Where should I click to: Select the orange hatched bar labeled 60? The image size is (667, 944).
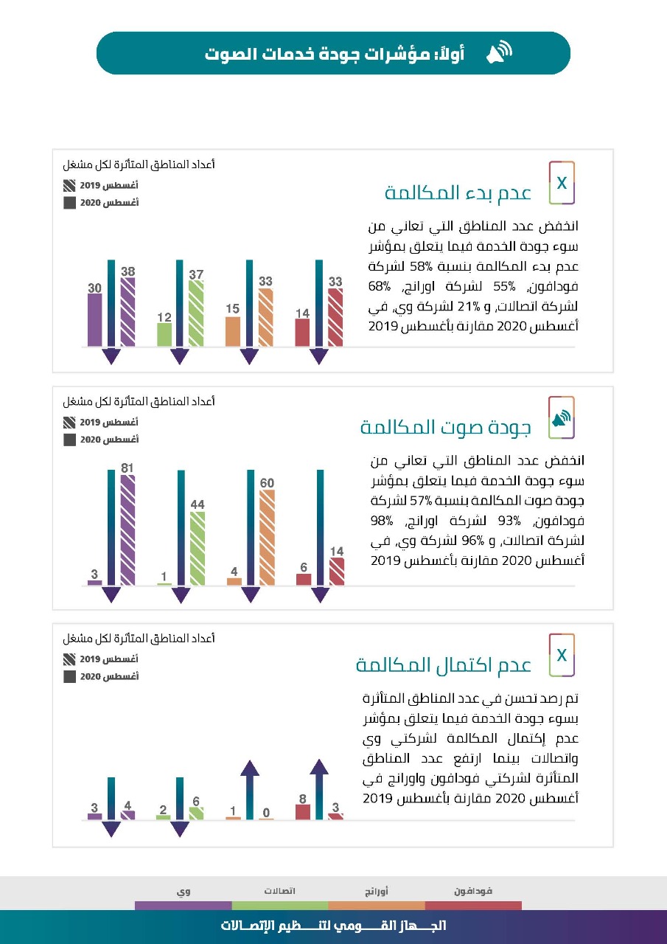click(267, 537)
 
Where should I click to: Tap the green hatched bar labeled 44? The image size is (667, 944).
click(198, 548)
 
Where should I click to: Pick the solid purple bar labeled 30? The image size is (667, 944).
click(95, 320)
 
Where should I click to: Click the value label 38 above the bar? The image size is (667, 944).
click(128, 271)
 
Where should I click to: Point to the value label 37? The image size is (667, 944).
click(196, 274)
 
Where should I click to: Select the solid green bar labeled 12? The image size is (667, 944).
click(164, 335)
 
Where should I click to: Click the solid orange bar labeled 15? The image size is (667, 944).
click(233, 331)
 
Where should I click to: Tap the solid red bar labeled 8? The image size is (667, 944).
click(302, 811)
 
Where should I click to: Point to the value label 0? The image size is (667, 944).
click(266, 813)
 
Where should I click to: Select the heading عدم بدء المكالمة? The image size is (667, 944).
click(458, 193)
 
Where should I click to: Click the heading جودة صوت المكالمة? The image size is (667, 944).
click(445, 427)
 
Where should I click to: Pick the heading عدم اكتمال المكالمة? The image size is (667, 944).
click(443, 664)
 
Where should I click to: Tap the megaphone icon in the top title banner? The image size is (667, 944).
click(499, 53)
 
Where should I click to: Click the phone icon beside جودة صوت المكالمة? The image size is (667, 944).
click(562, 417)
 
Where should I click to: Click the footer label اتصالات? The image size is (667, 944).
click(280, 891)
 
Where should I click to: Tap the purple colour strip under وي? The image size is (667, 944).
click(183, 905)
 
